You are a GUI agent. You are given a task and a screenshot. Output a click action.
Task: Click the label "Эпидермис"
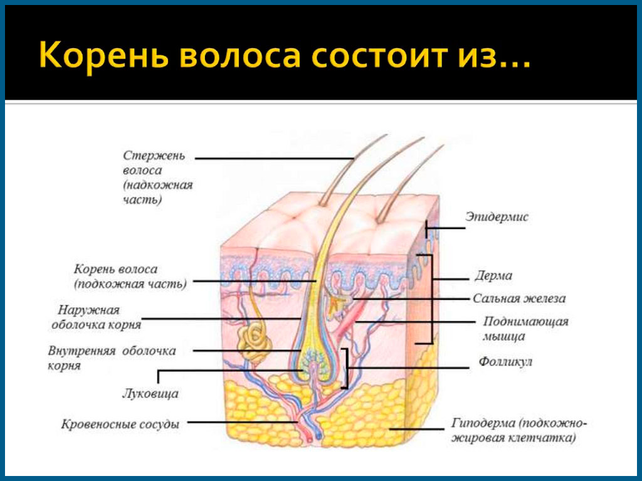[497, 217]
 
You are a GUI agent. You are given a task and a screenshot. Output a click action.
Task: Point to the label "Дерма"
[493, 275]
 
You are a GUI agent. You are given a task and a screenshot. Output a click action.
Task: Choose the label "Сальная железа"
[519, 299]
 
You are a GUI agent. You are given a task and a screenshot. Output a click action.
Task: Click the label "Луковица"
[150, 394]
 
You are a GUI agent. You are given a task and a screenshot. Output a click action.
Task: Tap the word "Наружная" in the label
[88, 310]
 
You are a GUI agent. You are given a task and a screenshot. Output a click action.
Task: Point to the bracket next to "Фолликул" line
[345, 367]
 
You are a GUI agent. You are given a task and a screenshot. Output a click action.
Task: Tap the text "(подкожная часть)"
[130, 283]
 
